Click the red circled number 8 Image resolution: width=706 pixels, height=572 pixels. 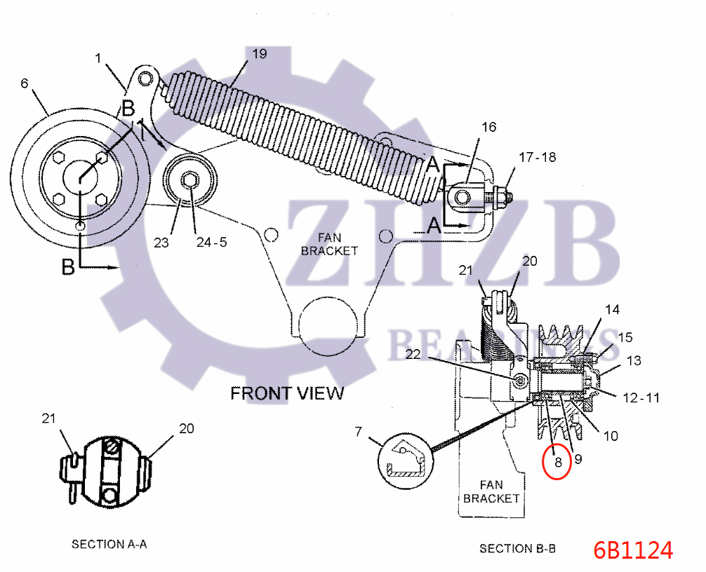(x=558, y=461)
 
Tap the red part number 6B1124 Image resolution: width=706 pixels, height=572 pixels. (x=633, y=550)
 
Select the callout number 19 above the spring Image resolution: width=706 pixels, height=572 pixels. (x=260, y=54)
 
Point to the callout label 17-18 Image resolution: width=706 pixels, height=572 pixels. (x=537, y=158)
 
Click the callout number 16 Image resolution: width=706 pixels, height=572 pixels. (x=488, y=128)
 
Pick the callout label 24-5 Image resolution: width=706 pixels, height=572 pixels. (x=211, y=243)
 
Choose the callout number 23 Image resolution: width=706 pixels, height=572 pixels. (x=161, y=243)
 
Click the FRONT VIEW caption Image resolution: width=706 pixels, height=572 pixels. (x=287, y=393)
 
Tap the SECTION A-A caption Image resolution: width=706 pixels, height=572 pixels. (x=109, y=544)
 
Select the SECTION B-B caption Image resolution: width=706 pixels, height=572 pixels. (x=517, y=549)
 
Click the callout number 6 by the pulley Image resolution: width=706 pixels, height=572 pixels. (x=25, y=83)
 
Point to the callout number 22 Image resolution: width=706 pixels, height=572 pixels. (x=413, y=355)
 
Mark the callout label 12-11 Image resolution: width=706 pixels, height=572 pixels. (x=641, y=398)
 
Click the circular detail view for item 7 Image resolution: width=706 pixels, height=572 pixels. (x=406, y=461)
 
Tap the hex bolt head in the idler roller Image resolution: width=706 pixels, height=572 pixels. (x=190, y=181)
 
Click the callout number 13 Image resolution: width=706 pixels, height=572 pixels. (x=634, y=360)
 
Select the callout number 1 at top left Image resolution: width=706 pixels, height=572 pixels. (x=98, y=58)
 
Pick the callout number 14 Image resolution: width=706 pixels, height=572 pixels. (x=612, y=310)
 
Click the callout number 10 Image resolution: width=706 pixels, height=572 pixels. (x=611, y=436)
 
